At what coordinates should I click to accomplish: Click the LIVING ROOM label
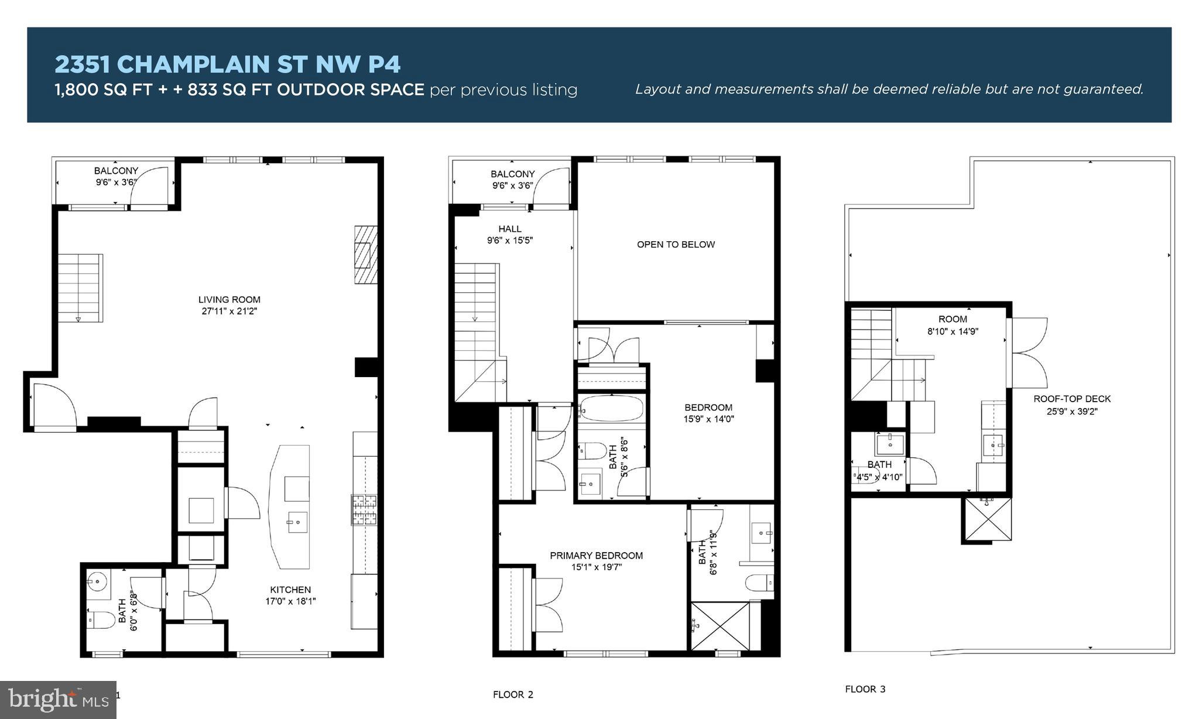click(x=229, y=300)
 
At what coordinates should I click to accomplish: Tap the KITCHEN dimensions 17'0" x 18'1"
click(x=290, y=601)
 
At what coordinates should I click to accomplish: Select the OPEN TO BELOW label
click(x=676, y=245)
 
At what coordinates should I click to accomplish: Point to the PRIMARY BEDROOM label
click(x=596, y=556)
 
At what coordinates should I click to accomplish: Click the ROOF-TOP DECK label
click(x=1071, y=399)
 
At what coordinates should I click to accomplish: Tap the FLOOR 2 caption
click(x=513, y=695)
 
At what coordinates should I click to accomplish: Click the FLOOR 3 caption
click(x=865, y=690)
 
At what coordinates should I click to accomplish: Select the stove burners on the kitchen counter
click(x=364, y=509)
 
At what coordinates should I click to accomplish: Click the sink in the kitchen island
click(x=297, y=521)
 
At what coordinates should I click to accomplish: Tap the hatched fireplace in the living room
click(x=365, y=255)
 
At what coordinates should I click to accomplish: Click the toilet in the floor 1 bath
click(x=102, y=619)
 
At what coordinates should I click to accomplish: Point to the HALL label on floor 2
click(x=509, y=229)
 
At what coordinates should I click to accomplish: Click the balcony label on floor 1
click(x=116, y=171)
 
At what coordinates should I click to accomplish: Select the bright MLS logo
click(x=58, y=700)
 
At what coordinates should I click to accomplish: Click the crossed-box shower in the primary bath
click(x=720, y=626)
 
